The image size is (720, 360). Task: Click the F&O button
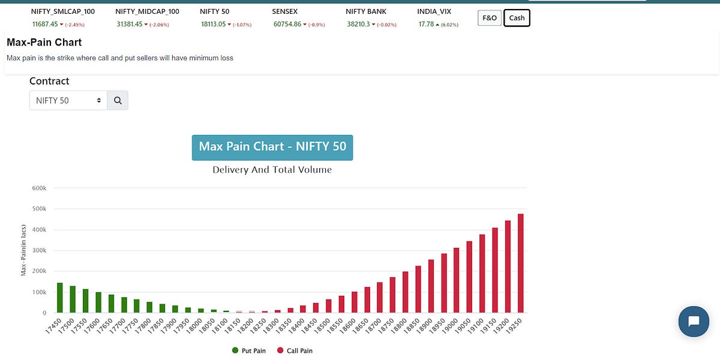click(490, 18)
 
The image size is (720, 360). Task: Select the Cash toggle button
click(517, 18)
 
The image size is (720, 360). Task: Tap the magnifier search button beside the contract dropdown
click(118, 101)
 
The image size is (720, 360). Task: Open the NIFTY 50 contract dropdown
click(68, 101)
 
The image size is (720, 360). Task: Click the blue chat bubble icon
click(694, 321)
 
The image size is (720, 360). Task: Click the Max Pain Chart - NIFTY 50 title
click(272, 147)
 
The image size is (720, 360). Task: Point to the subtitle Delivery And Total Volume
click(272, 170)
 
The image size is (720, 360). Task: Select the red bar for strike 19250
click(521, 263)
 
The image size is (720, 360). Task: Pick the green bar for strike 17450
click(60, 298)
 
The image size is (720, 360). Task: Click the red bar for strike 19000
click(457, 280)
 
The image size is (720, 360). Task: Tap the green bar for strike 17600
click(98, 302)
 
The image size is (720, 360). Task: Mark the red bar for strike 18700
click(380, 298)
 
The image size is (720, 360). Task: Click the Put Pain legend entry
click(249, 350)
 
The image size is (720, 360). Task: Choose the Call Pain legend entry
click(295, 350)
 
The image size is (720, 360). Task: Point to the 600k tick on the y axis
click(40, 188)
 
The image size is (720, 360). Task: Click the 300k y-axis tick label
click(40, 251)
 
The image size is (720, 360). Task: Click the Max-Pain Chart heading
click(44, 43)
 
